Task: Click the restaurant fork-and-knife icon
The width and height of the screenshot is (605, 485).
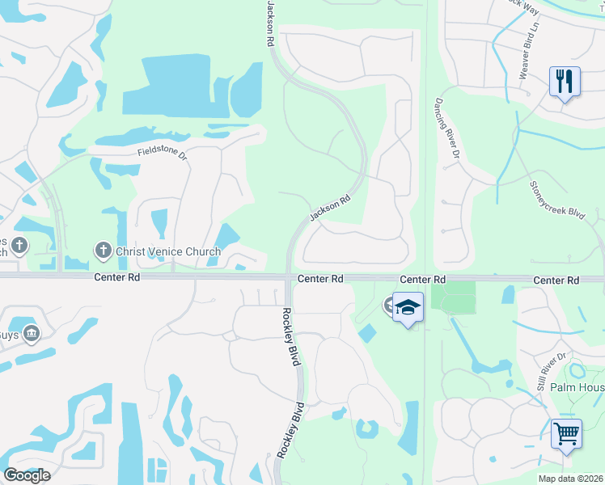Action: coord(565,81)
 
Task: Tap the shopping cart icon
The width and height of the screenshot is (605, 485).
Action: coord(566,433)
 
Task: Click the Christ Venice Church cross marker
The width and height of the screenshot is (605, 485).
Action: coord(103,251)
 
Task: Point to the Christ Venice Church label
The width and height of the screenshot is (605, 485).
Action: coord(167,251)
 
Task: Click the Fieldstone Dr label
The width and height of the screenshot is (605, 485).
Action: coord(162,151)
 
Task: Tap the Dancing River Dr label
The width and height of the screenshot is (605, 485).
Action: coord(447,127)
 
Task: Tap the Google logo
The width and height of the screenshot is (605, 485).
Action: coord(27,475)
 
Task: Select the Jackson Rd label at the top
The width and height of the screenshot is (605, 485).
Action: coord(269,23)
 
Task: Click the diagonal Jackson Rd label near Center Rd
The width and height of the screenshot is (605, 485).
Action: coord(329,209)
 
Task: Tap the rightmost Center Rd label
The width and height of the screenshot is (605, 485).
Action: coord(556,280)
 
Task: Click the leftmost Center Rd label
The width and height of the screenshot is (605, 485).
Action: coord(116,276)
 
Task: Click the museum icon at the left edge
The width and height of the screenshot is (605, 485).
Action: coord(32,332)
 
